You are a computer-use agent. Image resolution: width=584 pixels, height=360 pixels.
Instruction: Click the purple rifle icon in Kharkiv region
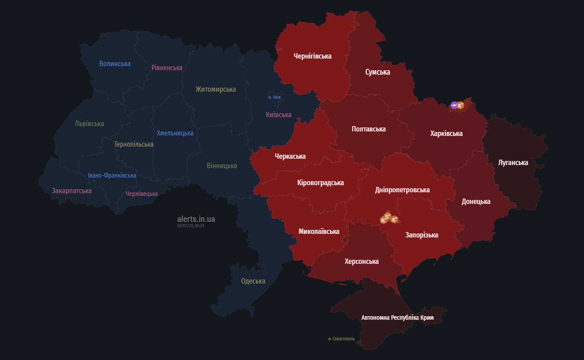point(454,106)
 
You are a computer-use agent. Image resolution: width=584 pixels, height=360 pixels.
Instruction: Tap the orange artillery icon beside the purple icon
point(460,106)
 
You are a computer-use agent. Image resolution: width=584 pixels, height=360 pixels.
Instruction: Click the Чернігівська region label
point(312,56)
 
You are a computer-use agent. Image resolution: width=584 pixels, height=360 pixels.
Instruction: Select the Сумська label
point(377,72)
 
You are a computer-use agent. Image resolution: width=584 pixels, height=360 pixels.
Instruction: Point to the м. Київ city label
point(274,97)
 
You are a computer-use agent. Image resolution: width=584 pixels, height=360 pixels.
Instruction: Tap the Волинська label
point(115,64)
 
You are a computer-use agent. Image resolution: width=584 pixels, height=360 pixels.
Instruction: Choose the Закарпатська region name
point(72,191)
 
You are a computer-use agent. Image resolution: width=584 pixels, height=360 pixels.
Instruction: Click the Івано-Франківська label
point(112,175)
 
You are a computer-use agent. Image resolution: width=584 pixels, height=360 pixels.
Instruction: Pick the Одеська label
point(253,281)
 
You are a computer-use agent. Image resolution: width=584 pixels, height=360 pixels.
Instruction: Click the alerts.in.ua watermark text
point(196,219)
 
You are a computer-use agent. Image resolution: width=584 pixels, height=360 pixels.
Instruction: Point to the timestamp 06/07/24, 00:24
point(191,226)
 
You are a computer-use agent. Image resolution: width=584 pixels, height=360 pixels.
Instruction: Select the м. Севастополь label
point(341,339)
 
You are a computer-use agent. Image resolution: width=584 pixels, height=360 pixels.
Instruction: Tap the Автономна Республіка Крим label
point(397,317)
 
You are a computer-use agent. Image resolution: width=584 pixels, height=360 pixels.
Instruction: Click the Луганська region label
point(513,162)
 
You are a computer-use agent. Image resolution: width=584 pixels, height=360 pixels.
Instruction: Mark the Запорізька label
point(422,235)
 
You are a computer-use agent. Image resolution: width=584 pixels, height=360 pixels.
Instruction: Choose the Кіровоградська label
point(320,182)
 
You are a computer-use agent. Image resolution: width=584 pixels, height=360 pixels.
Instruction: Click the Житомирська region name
point(215,89)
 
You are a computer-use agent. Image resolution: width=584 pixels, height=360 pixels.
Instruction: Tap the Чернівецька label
point(141,194)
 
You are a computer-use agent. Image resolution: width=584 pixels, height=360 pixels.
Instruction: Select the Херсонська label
point(362,261)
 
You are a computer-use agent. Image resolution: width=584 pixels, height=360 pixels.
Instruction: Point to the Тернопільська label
point(133,144)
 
